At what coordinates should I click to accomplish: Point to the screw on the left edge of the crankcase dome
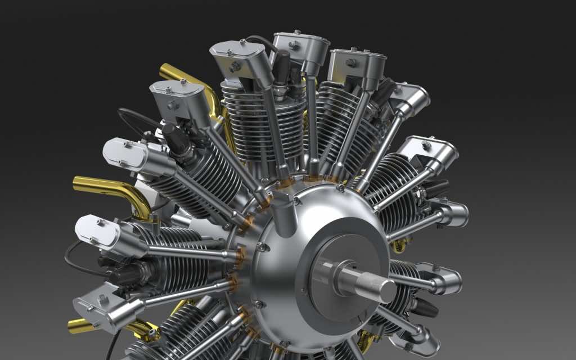[259, 247]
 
